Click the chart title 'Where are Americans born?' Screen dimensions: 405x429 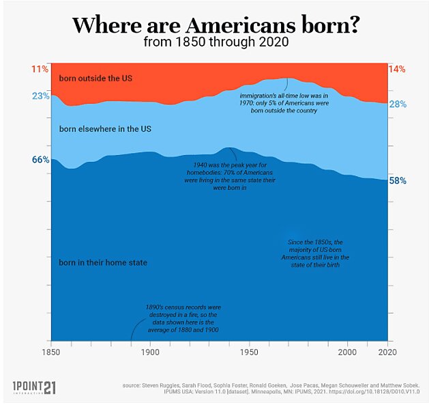point(216,25)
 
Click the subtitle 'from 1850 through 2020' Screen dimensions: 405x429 point(216,42)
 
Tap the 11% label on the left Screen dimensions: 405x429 point(40,69)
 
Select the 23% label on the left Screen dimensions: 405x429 point(40,96)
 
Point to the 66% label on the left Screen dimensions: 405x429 point(40,160)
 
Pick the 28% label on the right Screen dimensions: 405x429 point(398,104)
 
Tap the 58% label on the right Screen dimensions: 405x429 point(398,181)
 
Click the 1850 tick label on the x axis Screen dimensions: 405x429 point(52,353)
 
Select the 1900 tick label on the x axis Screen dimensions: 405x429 point(150,353)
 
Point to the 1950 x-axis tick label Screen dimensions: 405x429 point(250,353)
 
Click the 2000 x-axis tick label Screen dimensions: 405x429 point(349,353)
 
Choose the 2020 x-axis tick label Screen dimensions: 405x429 point(387,353)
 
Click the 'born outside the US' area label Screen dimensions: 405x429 point(95,78)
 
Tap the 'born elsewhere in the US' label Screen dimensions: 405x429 point(104,128)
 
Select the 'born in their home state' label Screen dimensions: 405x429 point(103,262)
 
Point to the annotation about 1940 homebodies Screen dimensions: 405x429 point(215,176)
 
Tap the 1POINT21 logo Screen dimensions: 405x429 point(34,387)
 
